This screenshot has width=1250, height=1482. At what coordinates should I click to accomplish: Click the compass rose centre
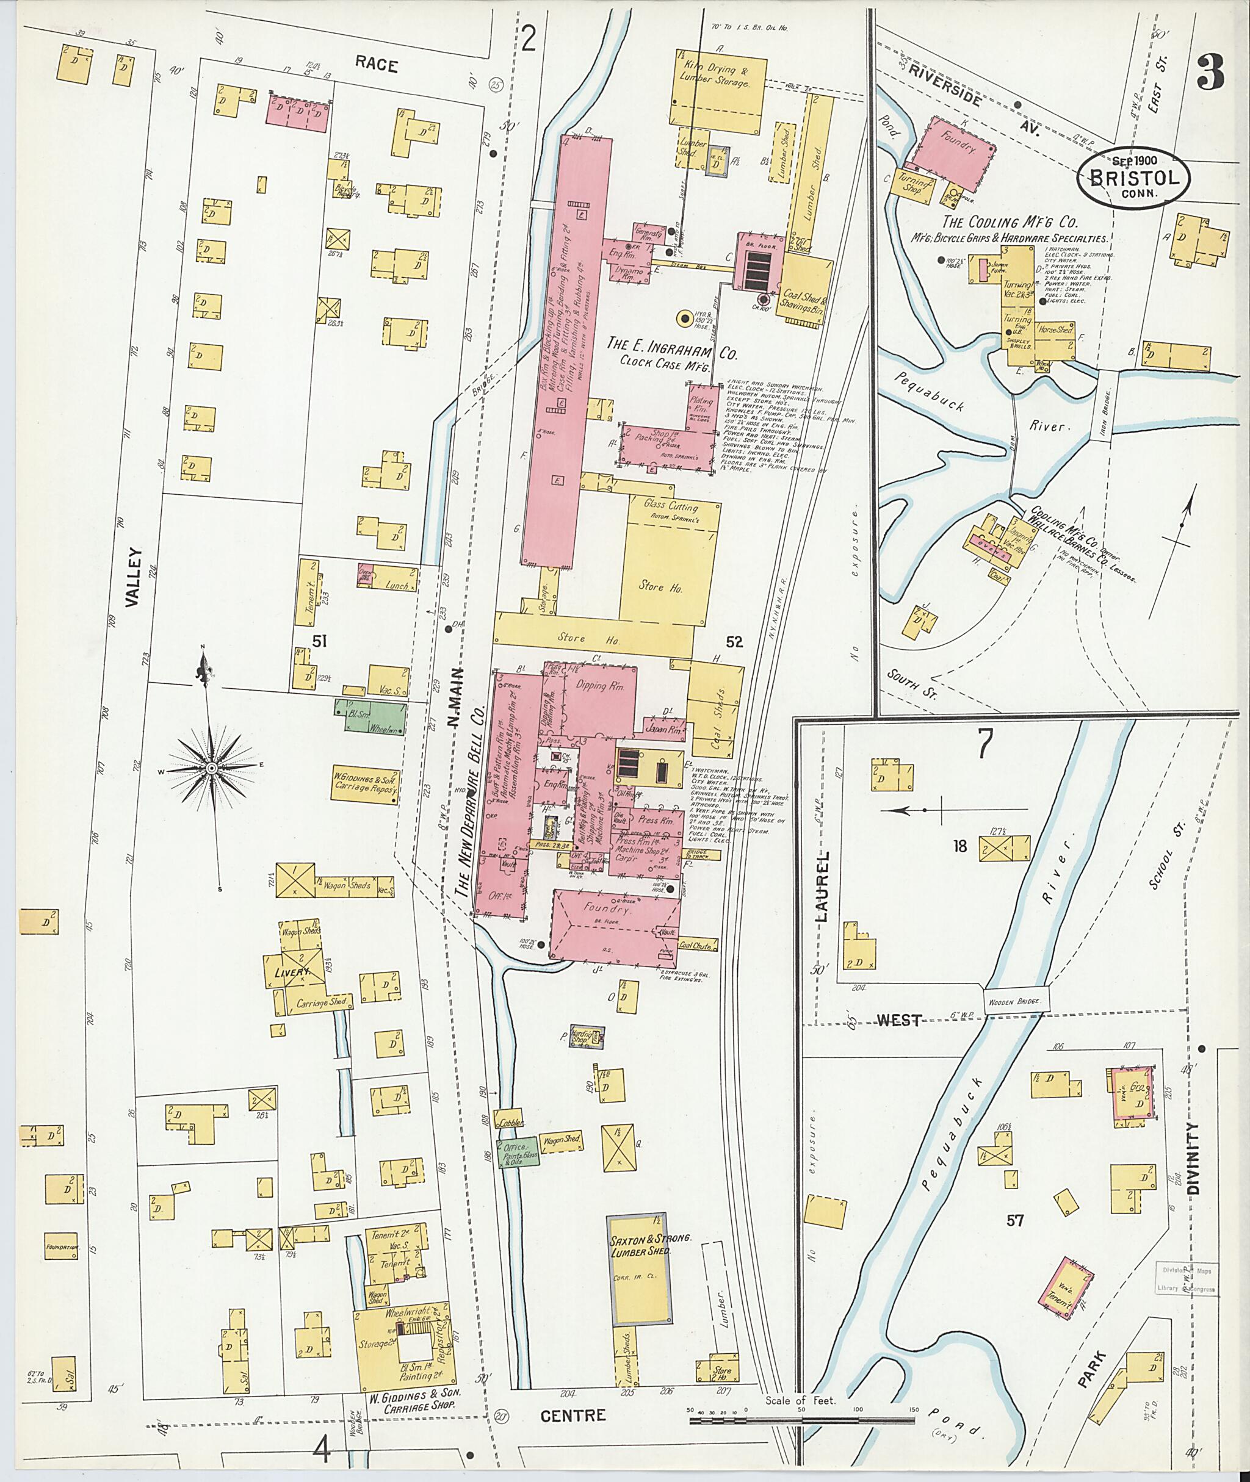click(x=212, y=767)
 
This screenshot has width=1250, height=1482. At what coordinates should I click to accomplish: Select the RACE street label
click(x=376, y=65)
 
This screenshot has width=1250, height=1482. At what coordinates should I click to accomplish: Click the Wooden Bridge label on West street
click(x=1016, y=1001)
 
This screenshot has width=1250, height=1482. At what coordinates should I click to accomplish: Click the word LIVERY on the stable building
click(x=292, y=973)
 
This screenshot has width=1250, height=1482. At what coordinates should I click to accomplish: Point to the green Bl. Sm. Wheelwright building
click(x=370, y=716)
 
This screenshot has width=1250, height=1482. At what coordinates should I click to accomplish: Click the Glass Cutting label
click(x=670, y=507)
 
